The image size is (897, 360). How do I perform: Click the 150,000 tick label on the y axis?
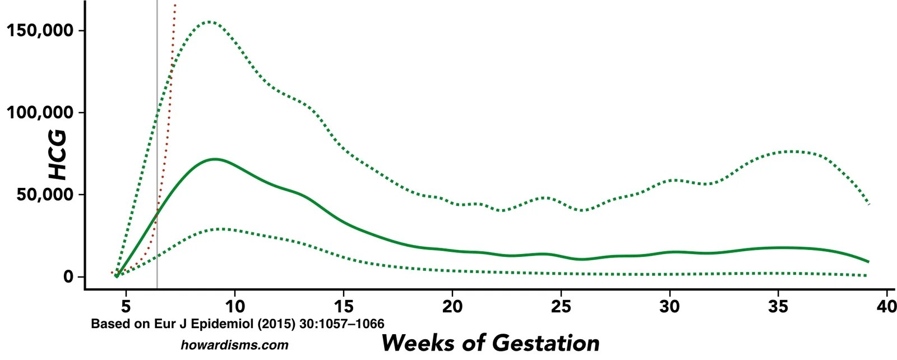tap(40, 30)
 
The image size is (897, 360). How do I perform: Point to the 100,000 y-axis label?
tap(40, 113)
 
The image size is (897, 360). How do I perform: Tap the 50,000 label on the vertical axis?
tap(45, 195)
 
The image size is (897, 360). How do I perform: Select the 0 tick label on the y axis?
tap(68, 277)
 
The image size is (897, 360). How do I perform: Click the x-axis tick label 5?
tap(126, 306)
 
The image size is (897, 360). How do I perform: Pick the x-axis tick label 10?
tap(235, 306)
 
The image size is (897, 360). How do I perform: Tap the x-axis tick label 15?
tap(344, 306)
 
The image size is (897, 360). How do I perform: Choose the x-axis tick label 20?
tap(452, 306)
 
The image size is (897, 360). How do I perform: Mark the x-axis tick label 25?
tap(561, 306)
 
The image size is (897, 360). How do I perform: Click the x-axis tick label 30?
tap(670, 306)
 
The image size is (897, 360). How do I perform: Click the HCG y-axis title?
tap(57, 155)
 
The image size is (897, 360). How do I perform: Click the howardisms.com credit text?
tap(234, 345)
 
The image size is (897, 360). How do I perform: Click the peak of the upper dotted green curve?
tap(209, 22)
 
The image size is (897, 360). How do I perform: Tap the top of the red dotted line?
tap(175, 6)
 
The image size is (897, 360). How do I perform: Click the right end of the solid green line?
tap(868, 261)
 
